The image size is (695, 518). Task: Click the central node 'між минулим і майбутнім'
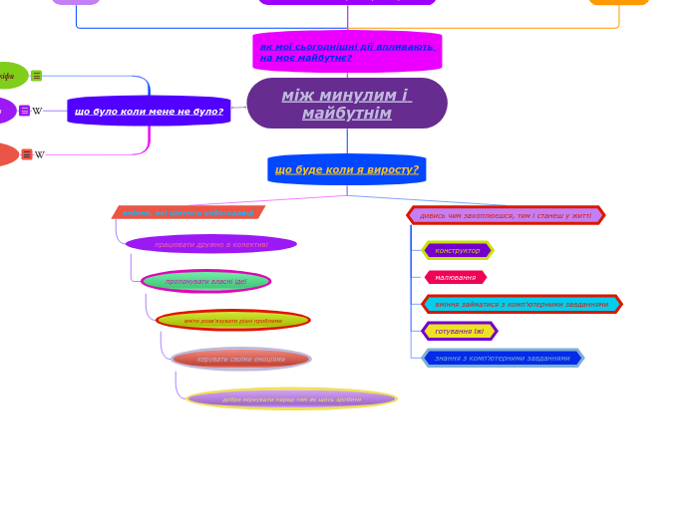[x=347, y=104]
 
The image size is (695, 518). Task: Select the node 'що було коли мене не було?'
[x=149, y=111]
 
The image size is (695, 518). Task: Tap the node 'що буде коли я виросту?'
[x=347, y=169]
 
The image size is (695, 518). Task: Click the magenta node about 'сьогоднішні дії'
[x=347, y=52]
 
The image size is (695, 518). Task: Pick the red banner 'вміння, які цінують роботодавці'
[x=187, y=212]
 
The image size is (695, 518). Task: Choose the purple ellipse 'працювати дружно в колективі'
[x=211, y=244]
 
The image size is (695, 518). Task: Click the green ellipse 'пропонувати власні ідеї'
[x=205, y=281]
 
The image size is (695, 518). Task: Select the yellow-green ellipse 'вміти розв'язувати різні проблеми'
[x=233, y=321]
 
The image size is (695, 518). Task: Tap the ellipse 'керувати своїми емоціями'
[x=241, y=359]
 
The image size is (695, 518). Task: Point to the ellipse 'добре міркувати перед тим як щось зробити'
[x=291, y=399]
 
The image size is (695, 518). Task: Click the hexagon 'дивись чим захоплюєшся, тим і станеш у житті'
[x=506, y=215]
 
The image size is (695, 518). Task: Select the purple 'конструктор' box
[x=458, y=250]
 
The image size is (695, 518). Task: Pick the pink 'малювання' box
[x=456, y=277]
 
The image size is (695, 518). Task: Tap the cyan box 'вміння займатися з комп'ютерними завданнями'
[x=521, y=304]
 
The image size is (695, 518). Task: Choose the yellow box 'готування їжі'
[x=460, y=331]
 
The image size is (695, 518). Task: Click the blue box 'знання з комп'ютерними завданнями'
[x=503, y=358]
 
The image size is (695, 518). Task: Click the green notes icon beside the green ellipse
[x=37, y=76]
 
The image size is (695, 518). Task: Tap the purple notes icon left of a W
[x=25, y=111]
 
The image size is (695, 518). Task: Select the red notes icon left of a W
[x=27, y=154]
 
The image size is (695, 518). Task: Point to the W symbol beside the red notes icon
[x=40, y=154]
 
